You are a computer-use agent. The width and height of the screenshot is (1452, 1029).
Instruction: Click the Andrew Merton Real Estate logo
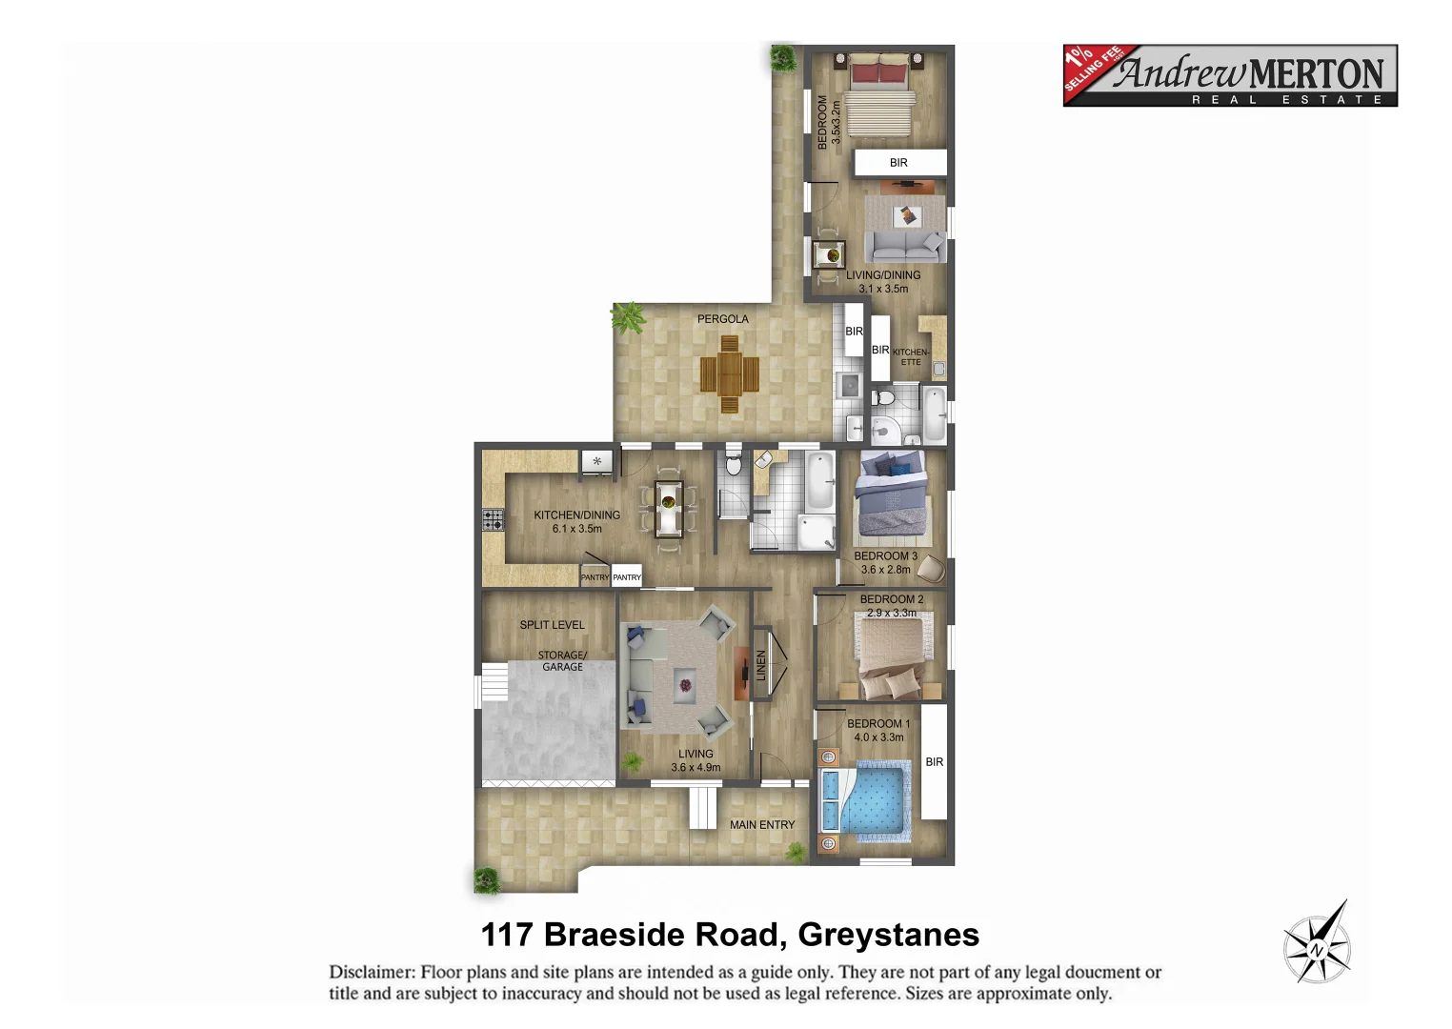coord(1229,75)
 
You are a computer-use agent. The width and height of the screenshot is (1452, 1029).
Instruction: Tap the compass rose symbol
coord(1317,946)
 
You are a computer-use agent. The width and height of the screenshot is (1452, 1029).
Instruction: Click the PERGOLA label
coord(722,319)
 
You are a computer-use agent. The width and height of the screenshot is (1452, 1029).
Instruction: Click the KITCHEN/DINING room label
coord(576,515)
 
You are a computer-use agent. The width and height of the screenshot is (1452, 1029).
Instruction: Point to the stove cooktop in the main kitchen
coord(493,520)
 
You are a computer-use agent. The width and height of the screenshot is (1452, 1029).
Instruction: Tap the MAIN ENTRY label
coord(762,825)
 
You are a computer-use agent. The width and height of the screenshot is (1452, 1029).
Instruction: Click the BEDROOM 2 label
coord(892,599)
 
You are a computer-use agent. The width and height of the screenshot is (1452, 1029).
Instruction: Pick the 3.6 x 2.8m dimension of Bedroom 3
coord(886,570)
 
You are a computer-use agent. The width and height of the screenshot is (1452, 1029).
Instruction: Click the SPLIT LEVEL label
coord(552,625)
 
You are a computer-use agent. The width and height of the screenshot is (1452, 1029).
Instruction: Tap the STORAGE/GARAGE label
coord(562,661)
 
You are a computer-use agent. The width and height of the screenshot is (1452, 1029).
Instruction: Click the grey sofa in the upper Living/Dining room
coord(904,247)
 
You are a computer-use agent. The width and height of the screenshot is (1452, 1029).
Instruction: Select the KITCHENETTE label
coord(911,357)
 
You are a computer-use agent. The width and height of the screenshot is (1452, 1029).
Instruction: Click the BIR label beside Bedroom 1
coord(935,762)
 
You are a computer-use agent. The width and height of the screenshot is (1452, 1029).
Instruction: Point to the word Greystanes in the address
coord(888,936)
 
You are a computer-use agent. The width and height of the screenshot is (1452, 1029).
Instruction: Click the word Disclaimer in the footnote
coord(372,973)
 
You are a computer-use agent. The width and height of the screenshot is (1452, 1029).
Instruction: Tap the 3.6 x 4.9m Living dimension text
coord(696,767)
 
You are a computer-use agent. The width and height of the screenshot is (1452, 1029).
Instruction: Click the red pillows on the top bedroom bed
coord(879,72)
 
